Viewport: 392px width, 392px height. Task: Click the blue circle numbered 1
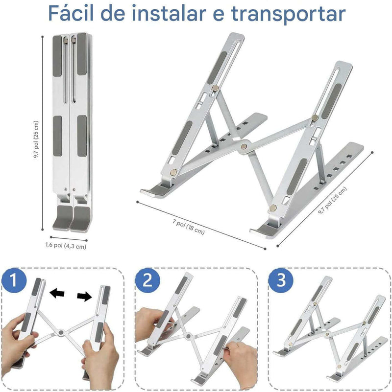pos(14,280)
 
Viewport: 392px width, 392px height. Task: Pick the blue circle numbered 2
pos(147,280)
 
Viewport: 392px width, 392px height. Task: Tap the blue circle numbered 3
pos(281,280)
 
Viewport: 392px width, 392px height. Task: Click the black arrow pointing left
pos(57,293)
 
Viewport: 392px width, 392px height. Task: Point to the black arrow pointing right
pos(84,297)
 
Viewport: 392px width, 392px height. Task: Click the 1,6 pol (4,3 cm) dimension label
pos(66,246)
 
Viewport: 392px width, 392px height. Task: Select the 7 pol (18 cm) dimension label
pos(189,227)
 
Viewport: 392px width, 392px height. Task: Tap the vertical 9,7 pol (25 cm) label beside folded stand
pos(37,140)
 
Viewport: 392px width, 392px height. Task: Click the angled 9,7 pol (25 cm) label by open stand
pos(332,201)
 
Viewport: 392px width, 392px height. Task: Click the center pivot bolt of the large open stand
pos(244,146)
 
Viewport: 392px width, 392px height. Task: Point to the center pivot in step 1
pos(61,332)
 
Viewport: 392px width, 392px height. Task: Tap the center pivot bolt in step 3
pos(327,333)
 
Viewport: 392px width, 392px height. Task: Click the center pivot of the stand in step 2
pos(189,336)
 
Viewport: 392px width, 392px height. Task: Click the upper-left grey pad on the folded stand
pos(57,56)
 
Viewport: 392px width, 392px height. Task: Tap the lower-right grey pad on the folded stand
pos(82,136)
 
